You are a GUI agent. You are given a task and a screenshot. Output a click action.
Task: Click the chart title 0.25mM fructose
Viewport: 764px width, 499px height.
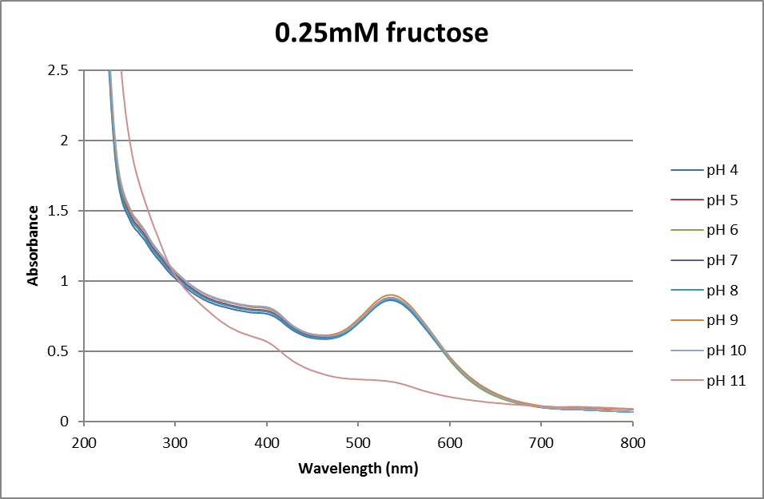click(381, 33)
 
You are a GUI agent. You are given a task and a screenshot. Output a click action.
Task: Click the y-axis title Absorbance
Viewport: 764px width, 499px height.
click(34, 245)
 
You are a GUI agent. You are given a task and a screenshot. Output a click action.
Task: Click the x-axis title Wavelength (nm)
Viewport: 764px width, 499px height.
click(358, 469)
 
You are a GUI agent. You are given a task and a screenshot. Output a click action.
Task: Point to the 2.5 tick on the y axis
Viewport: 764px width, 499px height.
click(58, 70)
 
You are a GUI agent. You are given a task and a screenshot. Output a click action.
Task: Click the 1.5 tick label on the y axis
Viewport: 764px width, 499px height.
click(58, 211)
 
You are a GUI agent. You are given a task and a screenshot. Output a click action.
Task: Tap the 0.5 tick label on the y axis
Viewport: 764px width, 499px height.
click(58, 351)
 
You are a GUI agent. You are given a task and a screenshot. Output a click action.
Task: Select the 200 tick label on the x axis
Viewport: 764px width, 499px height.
click(83, 439)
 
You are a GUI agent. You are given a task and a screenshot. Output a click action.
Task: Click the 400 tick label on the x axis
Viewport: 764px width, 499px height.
click(266, 439)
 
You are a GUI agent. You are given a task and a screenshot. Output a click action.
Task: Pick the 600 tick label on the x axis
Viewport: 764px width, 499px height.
click(450, 439)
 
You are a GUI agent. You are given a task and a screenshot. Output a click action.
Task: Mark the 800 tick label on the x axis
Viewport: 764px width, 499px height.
click(633, 439)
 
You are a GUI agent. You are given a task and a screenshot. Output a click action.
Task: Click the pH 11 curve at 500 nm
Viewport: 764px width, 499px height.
click(358, 379)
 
